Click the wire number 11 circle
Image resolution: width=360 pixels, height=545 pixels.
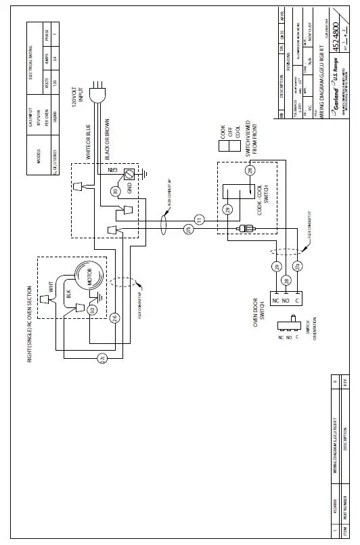coord(199,219)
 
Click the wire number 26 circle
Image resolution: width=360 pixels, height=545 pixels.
coord(115,318)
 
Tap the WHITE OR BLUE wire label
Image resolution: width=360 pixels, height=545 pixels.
coord(89,141)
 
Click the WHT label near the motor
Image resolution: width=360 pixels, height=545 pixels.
coord(51,283)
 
